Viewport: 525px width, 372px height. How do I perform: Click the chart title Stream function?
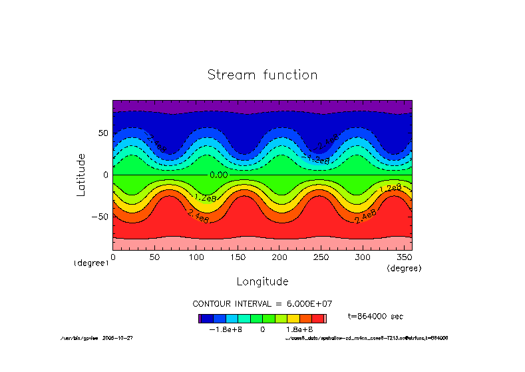point(262,75)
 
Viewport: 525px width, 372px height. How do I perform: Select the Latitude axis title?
point(81,174)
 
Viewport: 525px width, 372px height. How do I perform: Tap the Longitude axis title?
point(262,281)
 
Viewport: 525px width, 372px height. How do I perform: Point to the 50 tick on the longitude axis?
point(154,257)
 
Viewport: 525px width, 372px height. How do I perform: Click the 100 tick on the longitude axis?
point(196,257)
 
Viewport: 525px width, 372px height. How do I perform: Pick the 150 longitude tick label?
point(238,257)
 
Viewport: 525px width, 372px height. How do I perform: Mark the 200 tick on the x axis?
point(279,257)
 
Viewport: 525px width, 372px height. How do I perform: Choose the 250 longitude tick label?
point(321,257)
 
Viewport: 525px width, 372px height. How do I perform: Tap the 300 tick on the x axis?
point(362,257)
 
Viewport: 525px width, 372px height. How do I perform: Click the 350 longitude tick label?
point(404,257)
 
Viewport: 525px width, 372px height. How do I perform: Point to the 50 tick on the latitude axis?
point(102,133)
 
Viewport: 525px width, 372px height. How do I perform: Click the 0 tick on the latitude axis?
point(106,175)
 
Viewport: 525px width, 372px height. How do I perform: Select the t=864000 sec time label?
point(375,316)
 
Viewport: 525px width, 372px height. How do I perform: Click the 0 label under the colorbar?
point(263,329)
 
